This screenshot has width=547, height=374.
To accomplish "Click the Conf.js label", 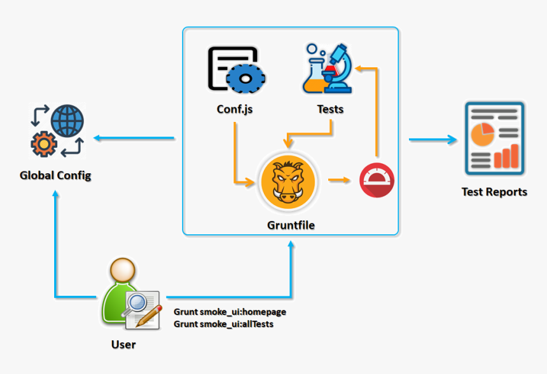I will (x=235, y=109).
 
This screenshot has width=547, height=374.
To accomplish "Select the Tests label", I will (x=330, y=109).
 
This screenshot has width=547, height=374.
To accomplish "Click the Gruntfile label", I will (x=291, y=225).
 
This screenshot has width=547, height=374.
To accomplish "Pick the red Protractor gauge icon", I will (x=377, y=181).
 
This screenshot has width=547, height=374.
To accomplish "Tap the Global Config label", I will (x=55, y=175).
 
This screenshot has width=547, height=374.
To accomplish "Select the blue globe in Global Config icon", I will (x=67, y=121).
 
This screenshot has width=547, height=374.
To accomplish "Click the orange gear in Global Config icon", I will (x=43, y=144).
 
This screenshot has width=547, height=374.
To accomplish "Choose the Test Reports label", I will (x=494, y=192).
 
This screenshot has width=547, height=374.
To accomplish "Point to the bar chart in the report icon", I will (x=506, y=156).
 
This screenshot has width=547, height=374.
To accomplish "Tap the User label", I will (x=123, y=344).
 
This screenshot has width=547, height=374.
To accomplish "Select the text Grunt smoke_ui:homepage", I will (x=230, y=312).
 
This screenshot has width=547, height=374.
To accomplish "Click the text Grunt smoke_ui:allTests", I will (x=223, y=324).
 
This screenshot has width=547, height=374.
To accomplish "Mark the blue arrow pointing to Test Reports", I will (x=433, y=139).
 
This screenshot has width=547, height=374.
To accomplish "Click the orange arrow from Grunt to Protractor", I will (x=340, y=180).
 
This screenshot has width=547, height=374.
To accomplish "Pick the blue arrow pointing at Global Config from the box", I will (x=134, y=138).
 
